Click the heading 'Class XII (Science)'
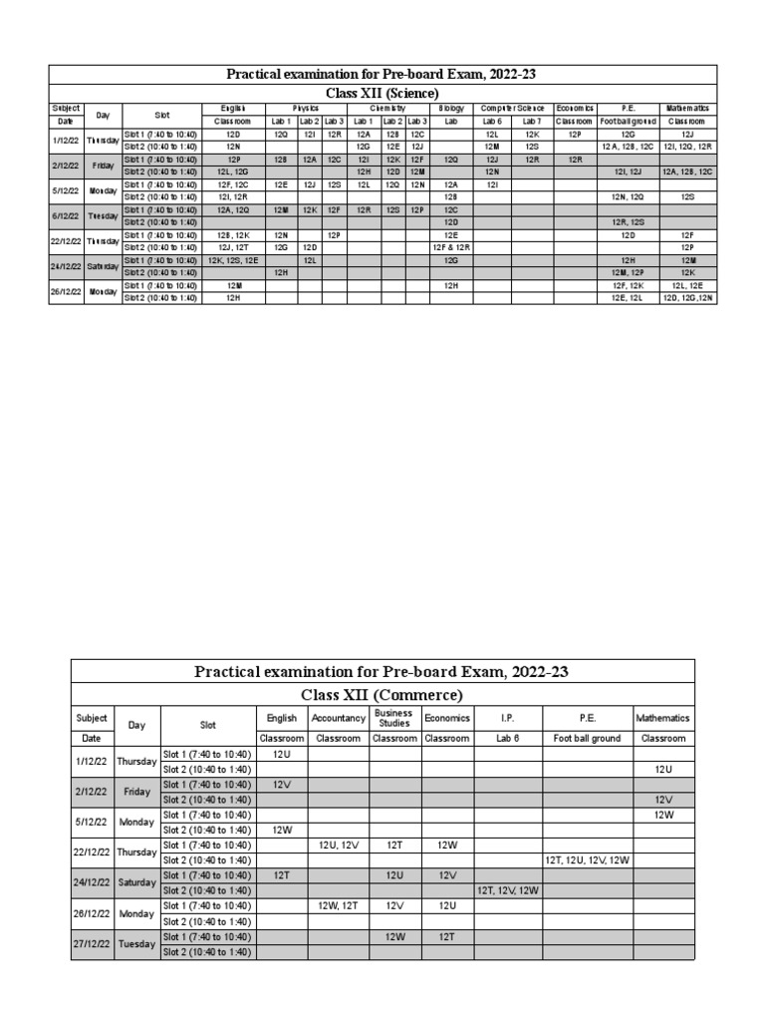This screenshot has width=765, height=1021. click(x=382, y=92)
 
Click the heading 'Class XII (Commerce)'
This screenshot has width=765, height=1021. click(x=382, y=694)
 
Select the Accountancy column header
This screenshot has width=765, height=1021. click(x=338, y=718)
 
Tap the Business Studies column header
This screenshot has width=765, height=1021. click(x=394, y=718)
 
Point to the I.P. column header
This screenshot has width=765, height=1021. click(x=507, y=718)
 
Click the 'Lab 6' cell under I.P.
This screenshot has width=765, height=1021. click(x=507, y=739)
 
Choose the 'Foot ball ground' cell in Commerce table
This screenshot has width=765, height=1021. click(x=587, y=739)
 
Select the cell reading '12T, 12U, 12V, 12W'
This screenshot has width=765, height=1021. click(x=587, y=859)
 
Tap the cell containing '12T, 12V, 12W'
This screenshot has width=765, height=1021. click(x=507, y=890)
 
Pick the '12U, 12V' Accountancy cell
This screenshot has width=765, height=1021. click(x=338, y=845)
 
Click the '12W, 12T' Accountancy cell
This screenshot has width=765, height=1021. click(x=338, y=905)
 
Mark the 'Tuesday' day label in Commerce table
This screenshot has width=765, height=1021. click(x=136, y=944)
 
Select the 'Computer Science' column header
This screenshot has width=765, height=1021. click(x=513, y=108)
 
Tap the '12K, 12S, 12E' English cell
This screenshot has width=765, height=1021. click(x=233, y=259)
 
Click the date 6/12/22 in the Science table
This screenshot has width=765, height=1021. click(x=67, y=215)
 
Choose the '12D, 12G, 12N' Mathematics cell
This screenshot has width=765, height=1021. click(x=687, y=297)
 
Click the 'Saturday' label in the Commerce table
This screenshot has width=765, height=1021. click(x=136, y=882)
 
